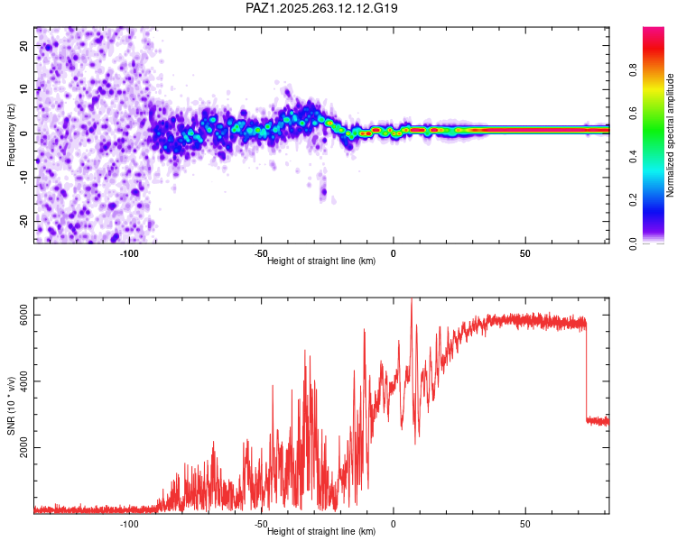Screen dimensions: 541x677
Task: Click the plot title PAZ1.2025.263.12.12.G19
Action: [321, 8]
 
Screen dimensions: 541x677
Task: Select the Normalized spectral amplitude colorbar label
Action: [670, 135]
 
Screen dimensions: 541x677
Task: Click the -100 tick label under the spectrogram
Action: [128, 254]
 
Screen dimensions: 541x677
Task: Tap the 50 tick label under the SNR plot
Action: [525, 524]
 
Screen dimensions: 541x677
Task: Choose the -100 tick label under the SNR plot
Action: [128, 524]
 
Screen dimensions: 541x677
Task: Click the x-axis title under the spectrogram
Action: [321, 261]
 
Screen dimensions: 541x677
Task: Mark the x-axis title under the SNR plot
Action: [321, 531]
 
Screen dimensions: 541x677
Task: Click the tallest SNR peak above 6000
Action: [412, 301]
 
